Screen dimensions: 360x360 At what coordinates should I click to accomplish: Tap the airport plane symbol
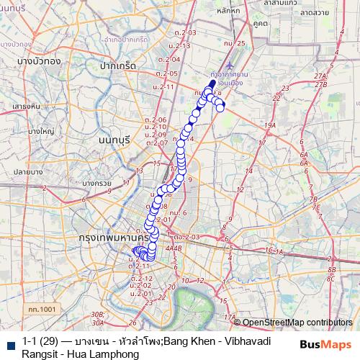(x=229, y=87)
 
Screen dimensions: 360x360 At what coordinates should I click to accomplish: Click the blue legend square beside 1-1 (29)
(x=10, y=341)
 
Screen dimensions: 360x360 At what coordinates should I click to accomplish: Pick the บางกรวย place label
(x=96, y=184)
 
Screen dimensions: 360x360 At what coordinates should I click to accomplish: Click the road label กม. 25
(x=235, y=43)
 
